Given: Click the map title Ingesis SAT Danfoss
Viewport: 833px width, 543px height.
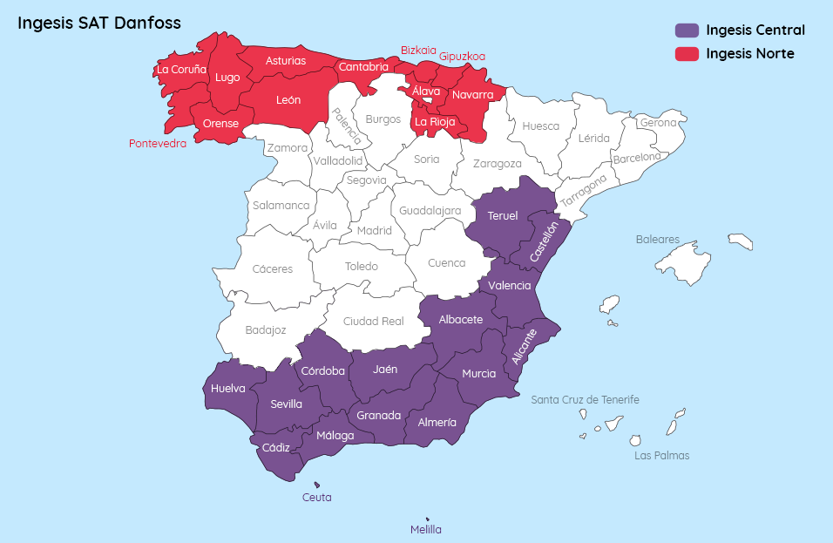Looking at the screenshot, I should [x=99, y=23].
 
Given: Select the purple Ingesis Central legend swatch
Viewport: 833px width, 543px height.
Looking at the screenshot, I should [x=687, y=31].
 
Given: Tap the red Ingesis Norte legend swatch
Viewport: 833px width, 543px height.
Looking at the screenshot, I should [x=687, y=54].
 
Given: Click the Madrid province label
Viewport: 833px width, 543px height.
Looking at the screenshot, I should [x=375, y=231].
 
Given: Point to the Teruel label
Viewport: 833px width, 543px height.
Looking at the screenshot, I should [x=503, y=215].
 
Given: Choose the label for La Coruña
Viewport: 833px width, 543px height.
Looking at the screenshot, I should [x=181, y=69].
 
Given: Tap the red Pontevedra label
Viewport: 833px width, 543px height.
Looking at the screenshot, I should [x=158, y=144].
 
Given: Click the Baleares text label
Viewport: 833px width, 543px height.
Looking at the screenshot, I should [x=657, y=239].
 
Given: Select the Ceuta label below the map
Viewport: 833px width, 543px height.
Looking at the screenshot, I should [x=316, y=498].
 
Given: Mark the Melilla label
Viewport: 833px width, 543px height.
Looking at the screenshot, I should [x=426, y=529].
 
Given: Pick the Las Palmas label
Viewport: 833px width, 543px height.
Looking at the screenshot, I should [x=661, y=455].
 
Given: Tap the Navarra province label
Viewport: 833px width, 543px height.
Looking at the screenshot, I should [x=472, y=94].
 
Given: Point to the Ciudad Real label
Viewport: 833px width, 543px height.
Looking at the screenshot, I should [x=373, y=321].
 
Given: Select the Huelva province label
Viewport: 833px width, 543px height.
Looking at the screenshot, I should [x=228, y=389].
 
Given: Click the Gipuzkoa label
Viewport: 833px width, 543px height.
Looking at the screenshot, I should [x=462, y=56].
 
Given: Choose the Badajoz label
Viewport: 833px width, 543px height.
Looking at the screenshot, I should [x=266, y=329].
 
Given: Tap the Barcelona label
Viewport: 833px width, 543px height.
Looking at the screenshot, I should [x=636, y=159].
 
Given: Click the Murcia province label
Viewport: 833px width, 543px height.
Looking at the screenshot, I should [x=478, y=373].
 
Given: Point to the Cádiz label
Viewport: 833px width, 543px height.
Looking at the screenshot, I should [x=275, y=447].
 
